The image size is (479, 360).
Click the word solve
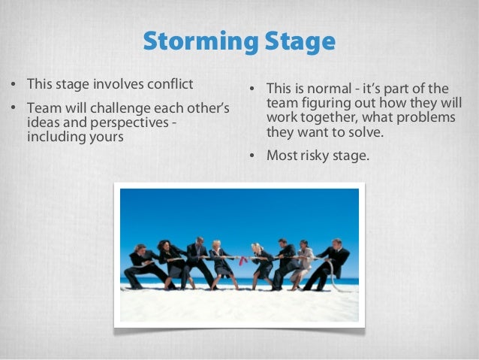[x=366, y=132]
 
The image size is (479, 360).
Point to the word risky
[x=315, y=156]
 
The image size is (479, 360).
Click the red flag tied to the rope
[x=242, y=260]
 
